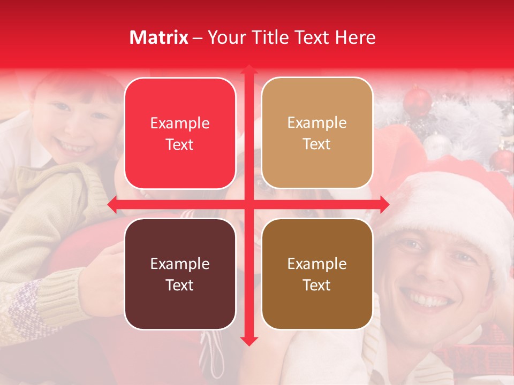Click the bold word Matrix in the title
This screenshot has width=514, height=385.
[x=159, y=37]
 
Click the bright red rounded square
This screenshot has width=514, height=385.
[x=180, y=133]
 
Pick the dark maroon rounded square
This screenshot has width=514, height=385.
[x=180, y=274]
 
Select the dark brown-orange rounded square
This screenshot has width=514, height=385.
[x=317, y=274]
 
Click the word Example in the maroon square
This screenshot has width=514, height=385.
[x=180, y=264]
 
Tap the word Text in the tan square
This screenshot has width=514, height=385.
[x=317, y=144]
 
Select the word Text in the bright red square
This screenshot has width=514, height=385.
[x=180, y=145]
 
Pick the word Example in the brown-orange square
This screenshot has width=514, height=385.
[x=317, y=264]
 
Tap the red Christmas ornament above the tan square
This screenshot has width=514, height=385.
[x=418, y=101]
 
